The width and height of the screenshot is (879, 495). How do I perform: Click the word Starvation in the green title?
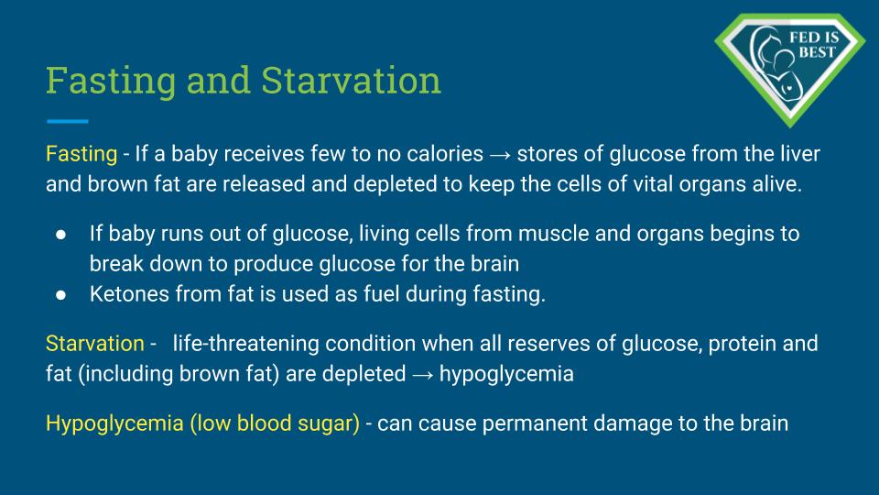point(351,81)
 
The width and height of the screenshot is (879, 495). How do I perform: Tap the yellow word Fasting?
point(81,154)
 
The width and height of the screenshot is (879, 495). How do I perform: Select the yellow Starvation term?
point(94,344)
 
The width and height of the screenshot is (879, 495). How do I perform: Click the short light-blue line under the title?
point(67,121)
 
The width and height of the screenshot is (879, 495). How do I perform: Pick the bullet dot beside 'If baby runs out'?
point(61,235)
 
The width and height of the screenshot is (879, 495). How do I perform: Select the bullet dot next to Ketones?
point(61,295)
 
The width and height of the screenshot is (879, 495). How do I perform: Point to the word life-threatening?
point(245,344)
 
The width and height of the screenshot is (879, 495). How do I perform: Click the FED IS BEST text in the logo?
point(815,45)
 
